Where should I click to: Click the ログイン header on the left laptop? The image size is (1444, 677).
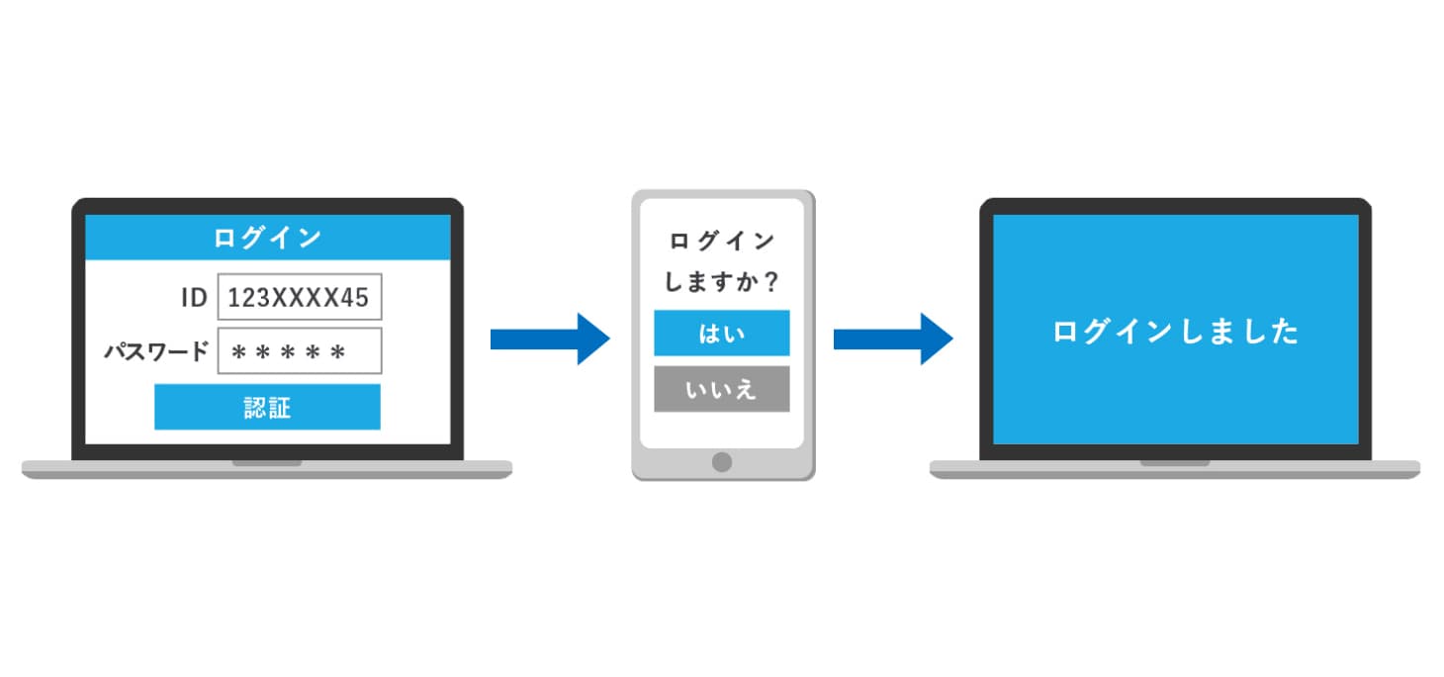pos(267,238)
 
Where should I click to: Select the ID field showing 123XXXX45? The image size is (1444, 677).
pos(299,297)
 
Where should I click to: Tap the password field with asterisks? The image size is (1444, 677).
pos(299,351)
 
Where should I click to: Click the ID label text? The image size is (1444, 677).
pos(194,297)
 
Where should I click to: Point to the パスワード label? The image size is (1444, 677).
pos(156,351)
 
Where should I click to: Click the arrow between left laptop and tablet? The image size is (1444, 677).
pos(550,339)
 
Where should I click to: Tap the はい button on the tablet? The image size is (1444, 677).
pos(721,333)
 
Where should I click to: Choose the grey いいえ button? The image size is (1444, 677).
pos(721,389)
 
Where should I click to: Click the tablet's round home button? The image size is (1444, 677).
pos(722,461)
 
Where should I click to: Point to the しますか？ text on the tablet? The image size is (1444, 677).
pos(721,282)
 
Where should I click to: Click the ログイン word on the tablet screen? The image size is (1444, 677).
pos(721,241)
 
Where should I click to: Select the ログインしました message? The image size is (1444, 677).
pos(1175,332)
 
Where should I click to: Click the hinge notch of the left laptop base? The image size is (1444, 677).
pos(267,462)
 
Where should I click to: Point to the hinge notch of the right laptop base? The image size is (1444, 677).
pos(1174,462)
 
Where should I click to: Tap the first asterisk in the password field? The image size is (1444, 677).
pos(237,352)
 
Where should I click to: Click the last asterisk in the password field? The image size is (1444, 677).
pos(338,352)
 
